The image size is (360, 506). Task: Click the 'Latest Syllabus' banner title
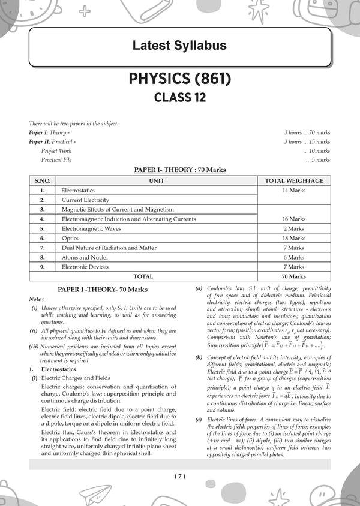pos(179,46)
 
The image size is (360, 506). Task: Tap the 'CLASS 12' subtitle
pos(179,98)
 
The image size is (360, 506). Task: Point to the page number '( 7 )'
pos(180,476)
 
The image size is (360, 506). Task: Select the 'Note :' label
pos(36,299)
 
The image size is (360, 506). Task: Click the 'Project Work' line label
pos(56,151)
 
